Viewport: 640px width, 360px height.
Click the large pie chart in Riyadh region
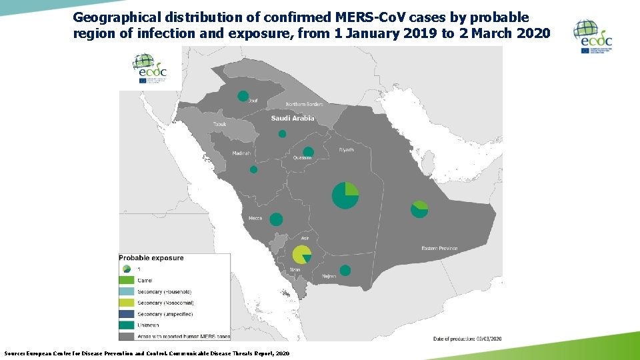[345, 195]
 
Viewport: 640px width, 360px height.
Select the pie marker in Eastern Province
[419, 209]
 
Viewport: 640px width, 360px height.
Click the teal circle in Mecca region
[276, 219]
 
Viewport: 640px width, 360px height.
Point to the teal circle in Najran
[345, 270]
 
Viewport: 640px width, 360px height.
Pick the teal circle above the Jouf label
[243, 96]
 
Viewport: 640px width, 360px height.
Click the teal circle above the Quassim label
[308, 151]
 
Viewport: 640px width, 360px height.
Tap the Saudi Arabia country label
[292, 119]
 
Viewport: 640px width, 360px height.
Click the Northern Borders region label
[304, 105]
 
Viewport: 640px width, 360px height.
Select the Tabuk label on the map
[220, 125]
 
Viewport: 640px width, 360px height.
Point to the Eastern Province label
[439, 249]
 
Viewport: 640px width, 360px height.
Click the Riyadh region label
[346, 150]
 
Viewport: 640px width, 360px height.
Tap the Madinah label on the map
[241, 153]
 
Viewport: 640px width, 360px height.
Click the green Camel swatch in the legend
[127, 280]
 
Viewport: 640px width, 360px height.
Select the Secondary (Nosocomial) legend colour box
[127, 302]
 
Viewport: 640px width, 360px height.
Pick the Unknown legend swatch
[127, 325]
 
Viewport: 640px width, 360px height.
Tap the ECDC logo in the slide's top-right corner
[593, 37]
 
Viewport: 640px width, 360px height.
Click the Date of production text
[467, 339]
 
